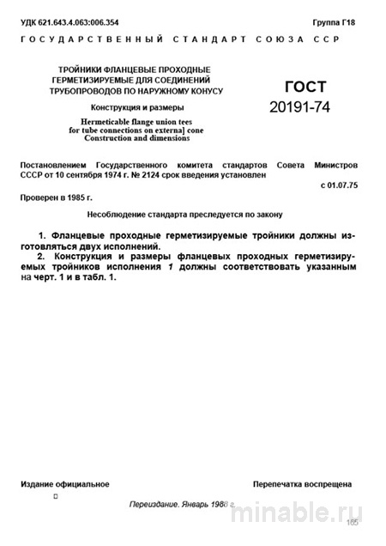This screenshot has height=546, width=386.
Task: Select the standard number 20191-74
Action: [299, 107]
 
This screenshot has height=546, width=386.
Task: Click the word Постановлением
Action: [58, 163]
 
